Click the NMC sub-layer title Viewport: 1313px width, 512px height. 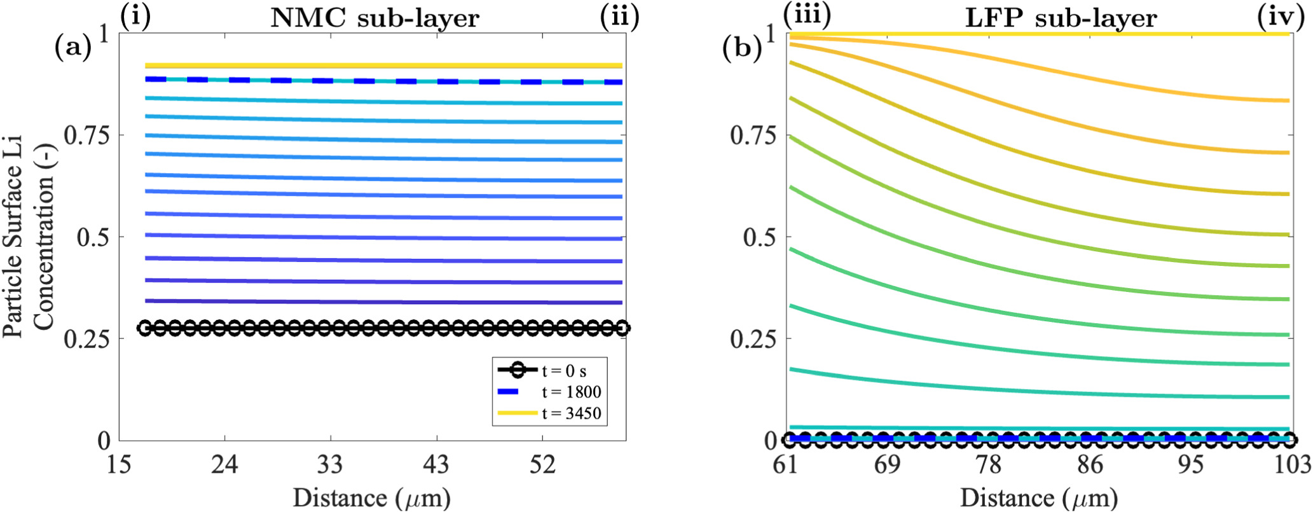[375, 18]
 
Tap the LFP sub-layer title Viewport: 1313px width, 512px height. [1060, 18]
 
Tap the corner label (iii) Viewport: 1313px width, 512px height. [807, 16]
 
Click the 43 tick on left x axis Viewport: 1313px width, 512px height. [436, 465]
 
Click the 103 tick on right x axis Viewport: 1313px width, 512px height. [1295, 465]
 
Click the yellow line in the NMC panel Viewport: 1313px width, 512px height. [382, 66]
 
